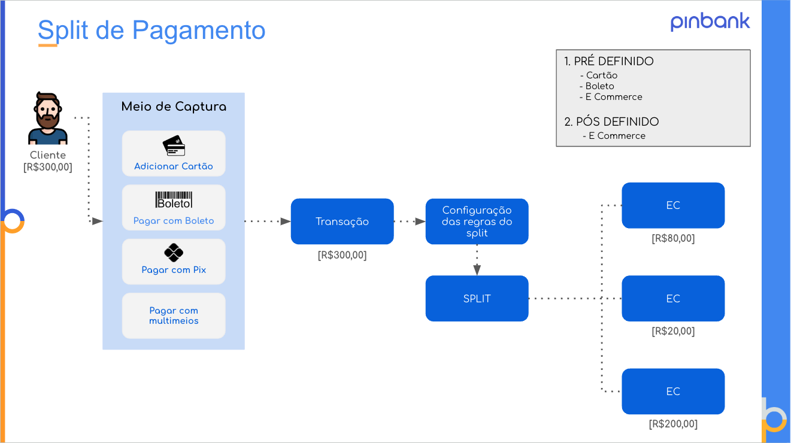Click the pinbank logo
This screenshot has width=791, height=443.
710,22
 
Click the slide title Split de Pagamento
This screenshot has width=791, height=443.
151,30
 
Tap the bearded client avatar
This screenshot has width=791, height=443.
48,119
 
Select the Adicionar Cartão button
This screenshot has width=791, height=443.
174,154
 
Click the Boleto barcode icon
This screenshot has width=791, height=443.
174,201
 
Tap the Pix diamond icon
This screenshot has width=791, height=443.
174,253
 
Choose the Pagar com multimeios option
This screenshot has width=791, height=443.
174,315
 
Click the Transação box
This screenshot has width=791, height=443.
342,221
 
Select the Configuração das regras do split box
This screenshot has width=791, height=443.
477,221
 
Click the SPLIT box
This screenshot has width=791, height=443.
477,298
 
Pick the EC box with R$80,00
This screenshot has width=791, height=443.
673,205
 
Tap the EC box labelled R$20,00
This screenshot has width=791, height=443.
673,298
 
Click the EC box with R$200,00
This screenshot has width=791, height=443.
673,392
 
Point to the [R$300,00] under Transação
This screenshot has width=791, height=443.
342,256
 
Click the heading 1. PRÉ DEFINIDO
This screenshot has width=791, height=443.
609,62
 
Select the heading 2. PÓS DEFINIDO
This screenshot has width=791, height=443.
611,122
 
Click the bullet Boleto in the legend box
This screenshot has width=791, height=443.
599,86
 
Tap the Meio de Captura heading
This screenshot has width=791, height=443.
174,107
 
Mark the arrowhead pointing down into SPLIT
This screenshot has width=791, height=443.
477,271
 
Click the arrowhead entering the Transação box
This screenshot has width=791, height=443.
286,221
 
